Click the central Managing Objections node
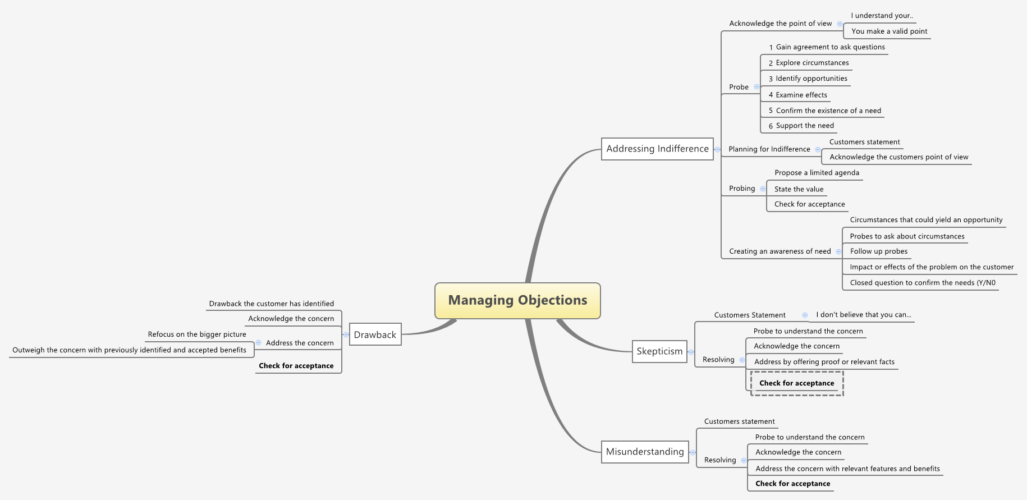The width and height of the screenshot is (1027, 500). point(517,300)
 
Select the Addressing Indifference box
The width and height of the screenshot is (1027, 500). point(657,149)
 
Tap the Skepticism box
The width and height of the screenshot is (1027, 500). point(659,351)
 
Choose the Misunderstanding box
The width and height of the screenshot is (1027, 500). point(645,452)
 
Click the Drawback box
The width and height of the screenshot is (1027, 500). point(375,334)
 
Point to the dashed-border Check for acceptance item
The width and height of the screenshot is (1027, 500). point(796,383)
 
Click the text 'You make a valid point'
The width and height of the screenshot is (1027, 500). point(889,31)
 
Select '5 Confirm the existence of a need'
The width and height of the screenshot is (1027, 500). point(824,111)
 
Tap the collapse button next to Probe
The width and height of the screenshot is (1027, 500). point(757,87)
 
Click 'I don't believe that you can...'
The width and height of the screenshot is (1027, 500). point(863,315)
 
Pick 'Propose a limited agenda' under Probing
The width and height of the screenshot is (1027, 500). point(817,173)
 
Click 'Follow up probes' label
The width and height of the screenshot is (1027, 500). point(878,251)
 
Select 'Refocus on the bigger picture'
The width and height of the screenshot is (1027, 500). point(197,334)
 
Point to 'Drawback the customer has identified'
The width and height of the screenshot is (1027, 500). point(271,304)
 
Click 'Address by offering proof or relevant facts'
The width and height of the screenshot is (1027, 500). point(824,362)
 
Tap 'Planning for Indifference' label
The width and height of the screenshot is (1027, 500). point(769,149)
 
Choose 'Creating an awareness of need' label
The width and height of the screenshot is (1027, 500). point(780,251)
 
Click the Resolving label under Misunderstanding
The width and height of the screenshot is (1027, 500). point(719,460)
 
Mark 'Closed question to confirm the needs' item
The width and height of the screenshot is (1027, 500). point(922,283)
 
